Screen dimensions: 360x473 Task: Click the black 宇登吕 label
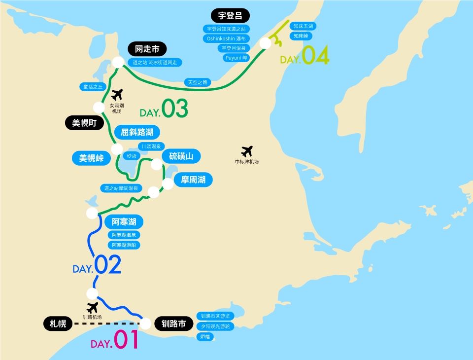pos(230,15)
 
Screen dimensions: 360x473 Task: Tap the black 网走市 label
pos(147,49)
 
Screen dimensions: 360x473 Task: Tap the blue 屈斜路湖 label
pos(137,132)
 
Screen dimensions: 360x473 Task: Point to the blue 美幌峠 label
pos(91,158)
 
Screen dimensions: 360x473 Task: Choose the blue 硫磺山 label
pos(181,156)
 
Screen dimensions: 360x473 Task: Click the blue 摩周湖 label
pos(193,180)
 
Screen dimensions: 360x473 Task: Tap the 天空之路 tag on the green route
pos(198,82)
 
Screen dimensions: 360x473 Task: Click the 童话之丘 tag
pos(93,87)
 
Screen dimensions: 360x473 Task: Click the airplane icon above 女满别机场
pos(117,95)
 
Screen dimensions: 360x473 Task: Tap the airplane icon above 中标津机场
pos(247,151)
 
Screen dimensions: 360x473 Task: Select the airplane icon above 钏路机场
pos(92,308)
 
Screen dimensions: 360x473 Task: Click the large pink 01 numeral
pos(126,340)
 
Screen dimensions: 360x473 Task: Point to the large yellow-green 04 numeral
pos(315,56)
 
